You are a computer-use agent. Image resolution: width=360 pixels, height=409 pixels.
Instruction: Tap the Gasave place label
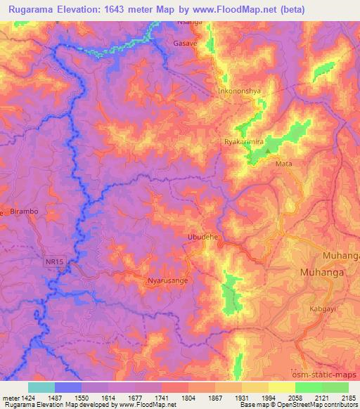[x=185, y=43]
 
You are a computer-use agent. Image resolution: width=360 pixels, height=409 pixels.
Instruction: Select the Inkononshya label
[x=240, y=91]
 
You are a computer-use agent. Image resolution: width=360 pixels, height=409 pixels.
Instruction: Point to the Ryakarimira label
[x=243, y=141]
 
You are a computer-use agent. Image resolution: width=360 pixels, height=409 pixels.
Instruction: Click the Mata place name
[x=284, y=164]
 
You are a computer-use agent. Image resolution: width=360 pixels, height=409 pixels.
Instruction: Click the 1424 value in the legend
[x=22, y=397]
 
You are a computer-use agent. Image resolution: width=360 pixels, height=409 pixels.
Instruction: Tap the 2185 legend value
[x=348, y=397]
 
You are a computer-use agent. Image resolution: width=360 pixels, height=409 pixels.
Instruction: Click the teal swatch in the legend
[x=41, y=387]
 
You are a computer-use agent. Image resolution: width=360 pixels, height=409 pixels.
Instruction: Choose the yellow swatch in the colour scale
[x=281, y=387]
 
